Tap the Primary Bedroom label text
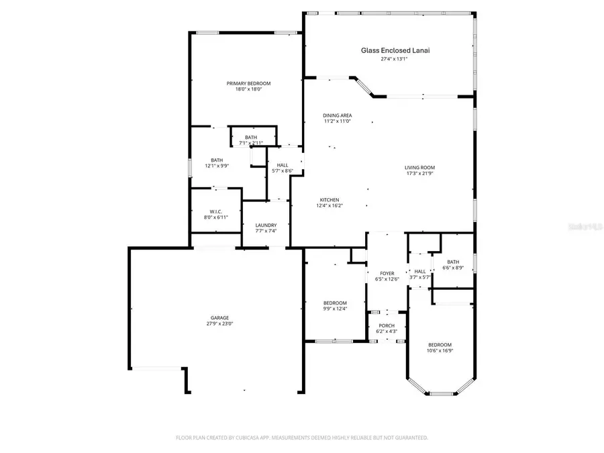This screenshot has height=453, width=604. click(x=248, y=83)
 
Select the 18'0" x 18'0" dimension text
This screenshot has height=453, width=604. click(x=248, y=89)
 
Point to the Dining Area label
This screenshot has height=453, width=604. click(x=338, y=115)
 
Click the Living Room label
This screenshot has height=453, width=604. click(x=420, y=168)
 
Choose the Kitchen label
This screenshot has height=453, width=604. click(x=329, y=199)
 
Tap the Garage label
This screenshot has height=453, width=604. click(x=219, y=318)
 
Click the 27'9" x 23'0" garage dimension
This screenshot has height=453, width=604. click(x=219, y=324)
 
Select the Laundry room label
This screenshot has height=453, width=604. click(x=266, y=225)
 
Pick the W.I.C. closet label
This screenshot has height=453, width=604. click(x=215, y=211)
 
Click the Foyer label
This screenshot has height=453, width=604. click(x=387, y=273)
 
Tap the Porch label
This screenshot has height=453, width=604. click(x=387, y=325)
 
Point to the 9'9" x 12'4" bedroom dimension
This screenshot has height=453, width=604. click(x=335, y=309)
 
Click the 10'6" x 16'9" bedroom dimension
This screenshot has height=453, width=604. click(x=440, y=350)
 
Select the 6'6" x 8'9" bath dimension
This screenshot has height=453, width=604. click(x=453, y=268)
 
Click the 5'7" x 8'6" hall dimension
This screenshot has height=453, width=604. click(x=283, y=171)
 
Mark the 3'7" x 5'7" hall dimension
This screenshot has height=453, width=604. click(x=420, y=277)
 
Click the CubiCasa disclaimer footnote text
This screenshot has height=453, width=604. click(x=302, y=438)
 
